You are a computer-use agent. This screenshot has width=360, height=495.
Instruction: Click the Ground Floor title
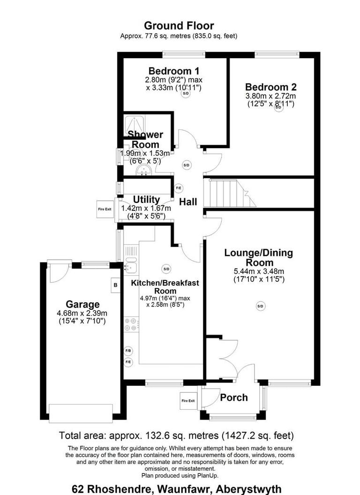tap(179, 25)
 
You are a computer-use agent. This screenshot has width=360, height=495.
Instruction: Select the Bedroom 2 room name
tap(270, 87)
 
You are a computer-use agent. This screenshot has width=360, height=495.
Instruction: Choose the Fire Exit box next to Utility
tap(105, 209)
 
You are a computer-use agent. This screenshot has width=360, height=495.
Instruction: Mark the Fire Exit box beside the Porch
tap(188, 400)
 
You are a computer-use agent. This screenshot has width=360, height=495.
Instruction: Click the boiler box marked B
tap(115, 285)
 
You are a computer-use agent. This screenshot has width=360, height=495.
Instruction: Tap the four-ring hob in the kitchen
tap(131, 324)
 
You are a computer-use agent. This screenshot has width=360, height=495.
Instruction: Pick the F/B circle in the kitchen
tap(128, 351)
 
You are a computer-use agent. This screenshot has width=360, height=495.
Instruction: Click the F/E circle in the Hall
tap(179, 188)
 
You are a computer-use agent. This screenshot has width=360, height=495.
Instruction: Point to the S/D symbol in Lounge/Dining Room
tap(260, 306)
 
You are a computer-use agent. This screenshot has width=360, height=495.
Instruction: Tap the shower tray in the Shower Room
tap(135, 125)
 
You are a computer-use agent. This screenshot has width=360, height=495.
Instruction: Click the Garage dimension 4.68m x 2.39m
tap(82, 314)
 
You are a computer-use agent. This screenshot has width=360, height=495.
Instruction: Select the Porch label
tap(233, 397)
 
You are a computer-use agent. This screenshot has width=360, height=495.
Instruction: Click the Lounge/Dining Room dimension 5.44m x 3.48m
tap(258, 271)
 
